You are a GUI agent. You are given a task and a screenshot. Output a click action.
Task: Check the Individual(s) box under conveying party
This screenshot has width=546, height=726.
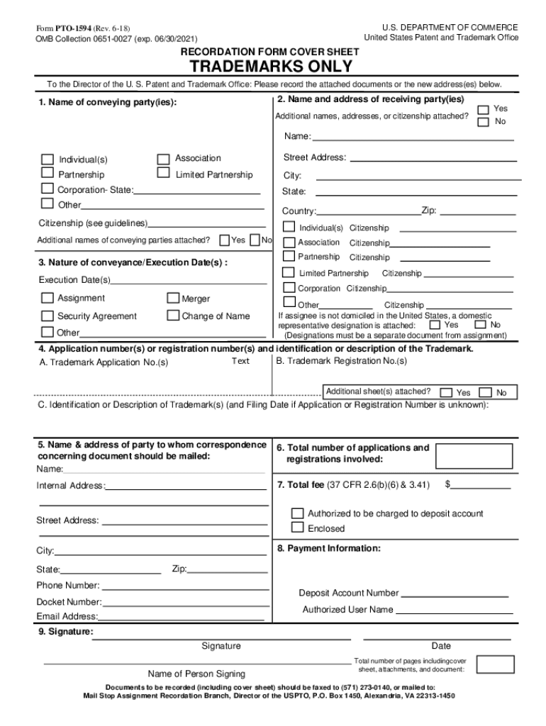(x=48, y=159)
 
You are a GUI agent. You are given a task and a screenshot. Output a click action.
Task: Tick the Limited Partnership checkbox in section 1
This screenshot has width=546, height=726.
(x=163, y=173)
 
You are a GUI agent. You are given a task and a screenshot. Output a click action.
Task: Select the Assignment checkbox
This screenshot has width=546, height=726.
(x=47, y=298)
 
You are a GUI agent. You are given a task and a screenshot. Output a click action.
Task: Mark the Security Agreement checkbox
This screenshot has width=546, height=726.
(x=47, y=315)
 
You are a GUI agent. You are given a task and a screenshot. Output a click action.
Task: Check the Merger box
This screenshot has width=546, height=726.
(x=173, y=298)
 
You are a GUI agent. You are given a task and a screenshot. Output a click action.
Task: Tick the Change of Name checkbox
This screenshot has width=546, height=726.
(x=173, y=315)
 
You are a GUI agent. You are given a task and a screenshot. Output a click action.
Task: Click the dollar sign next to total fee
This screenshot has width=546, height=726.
(x=448, y=485)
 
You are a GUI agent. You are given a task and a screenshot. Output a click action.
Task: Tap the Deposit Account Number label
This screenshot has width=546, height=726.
(x=348, y=593)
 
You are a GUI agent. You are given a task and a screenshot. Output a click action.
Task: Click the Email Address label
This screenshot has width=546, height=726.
(x=67, y=616)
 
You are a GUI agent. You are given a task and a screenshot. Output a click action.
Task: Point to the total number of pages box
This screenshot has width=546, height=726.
(x=495, y=664)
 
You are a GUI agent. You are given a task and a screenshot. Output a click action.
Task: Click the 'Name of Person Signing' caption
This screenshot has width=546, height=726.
(x=196, y=674)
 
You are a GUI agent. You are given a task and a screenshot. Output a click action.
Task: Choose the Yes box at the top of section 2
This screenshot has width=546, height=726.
(x=483, y=109)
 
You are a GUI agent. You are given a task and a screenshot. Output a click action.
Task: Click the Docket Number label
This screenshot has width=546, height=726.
(x=69, y=602)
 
